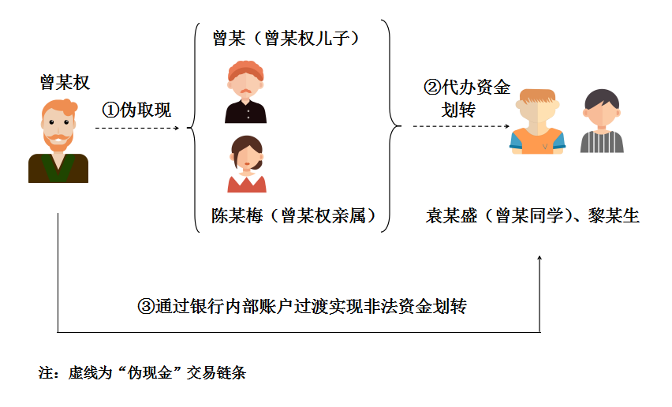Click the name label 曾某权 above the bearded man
coord(65,82)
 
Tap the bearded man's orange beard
coord(57,142)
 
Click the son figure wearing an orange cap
coord(246,93)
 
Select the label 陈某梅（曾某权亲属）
coord(292,215)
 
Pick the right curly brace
coord(390,126)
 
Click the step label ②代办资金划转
coord(466,98)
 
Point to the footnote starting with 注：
coord(143,372)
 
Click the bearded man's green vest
coord(58,167)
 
